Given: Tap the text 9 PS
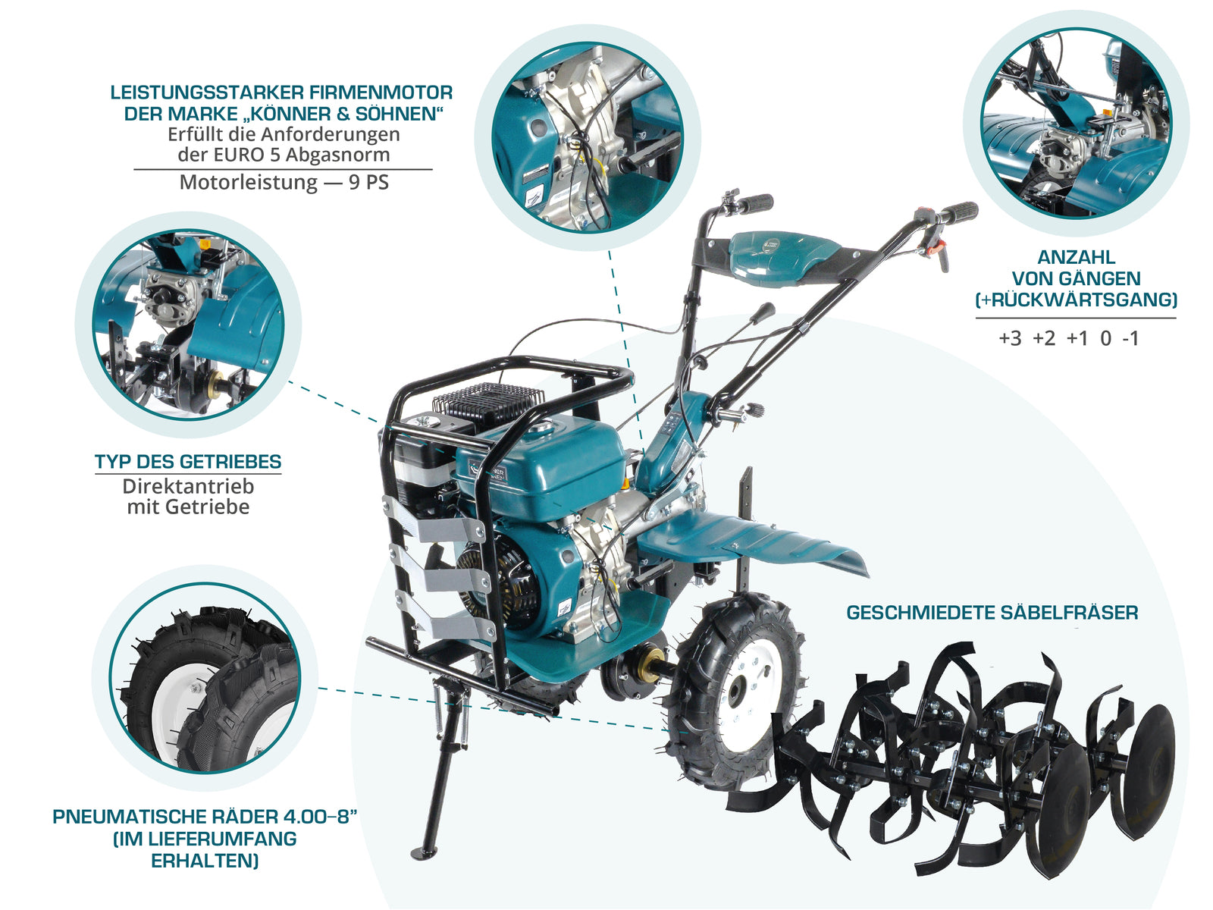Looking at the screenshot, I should tap(368, 183).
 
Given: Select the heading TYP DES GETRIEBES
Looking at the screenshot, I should tap(187, 462).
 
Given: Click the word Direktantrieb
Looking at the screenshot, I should tap(188, 486).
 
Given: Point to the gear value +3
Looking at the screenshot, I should tap(1010, 338).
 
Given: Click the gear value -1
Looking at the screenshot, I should tap(1130, 338).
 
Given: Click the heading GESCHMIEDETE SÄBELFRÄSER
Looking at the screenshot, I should tap(992, 613).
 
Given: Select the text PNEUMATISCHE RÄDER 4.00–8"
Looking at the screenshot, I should tap(205, 817).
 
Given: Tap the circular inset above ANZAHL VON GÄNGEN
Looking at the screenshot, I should tap(1076, 123).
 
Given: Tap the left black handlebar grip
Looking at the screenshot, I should tap(754, 203).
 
